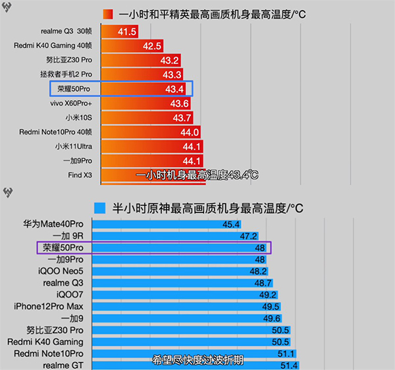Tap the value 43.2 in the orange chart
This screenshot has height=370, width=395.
coord(170,60)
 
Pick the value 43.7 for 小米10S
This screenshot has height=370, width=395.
coord(181,118)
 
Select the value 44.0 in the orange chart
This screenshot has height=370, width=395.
coord(190,132)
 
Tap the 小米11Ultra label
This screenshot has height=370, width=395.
coord(73,146)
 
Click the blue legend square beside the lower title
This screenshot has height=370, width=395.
coord(100,208)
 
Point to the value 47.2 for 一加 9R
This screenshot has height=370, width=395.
coord(248,235)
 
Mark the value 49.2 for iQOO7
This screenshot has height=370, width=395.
coord(267,294)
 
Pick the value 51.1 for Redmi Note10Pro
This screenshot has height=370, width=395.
coord(287,354)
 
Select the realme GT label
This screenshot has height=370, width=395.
coord(63,365)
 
